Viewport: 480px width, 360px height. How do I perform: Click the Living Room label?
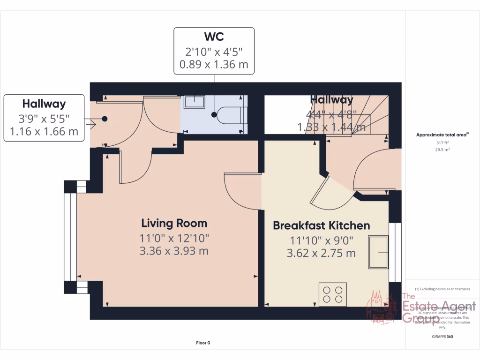point(174,223)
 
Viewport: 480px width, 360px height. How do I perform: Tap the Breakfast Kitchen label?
point(321,225)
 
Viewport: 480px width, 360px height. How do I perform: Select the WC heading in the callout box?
point(214,37)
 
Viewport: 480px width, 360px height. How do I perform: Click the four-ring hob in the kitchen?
point(333,293)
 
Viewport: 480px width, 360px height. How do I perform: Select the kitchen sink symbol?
point(378,253)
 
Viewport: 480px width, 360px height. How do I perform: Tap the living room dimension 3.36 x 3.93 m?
point(174,251)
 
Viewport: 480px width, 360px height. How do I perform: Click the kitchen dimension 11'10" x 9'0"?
point(321,241)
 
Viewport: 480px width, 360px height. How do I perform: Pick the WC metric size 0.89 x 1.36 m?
point(214,64)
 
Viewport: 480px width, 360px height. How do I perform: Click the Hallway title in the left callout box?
point(44,104)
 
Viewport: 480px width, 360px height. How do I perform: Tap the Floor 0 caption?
point(203,343)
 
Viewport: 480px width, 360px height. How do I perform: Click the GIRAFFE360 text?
point(442,337)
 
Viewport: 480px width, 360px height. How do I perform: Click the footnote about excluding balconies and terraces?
point(442,289)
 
